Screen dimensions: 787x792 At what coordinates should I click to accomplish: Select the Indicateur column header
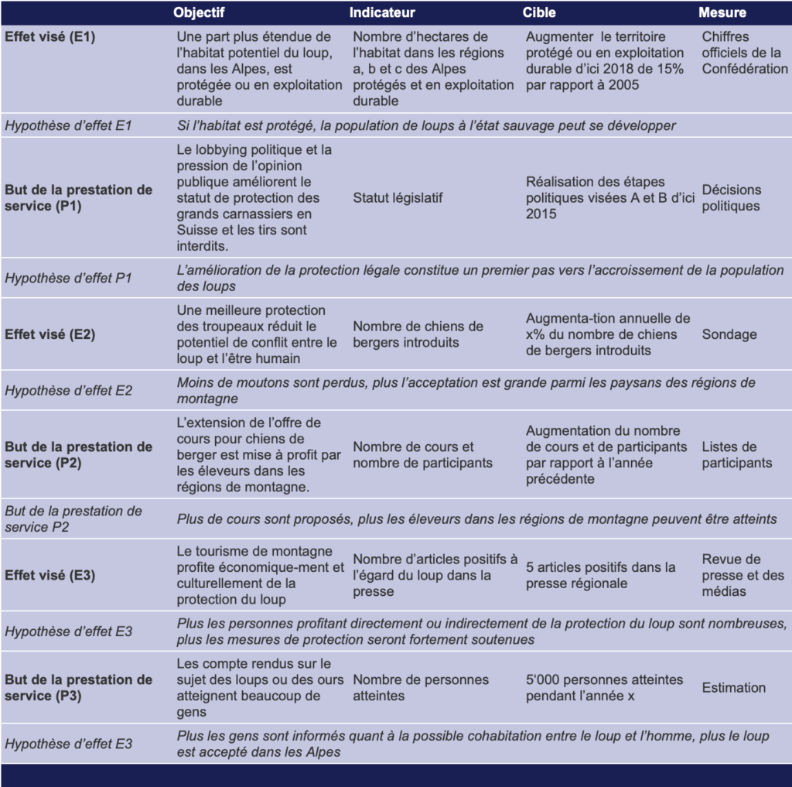(x=382, y=12)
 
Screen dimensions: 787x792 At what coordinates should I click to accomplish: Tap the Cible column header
(x=539, y=12)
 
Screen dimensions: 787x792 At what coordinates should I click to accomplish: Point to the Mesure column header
(x=722, y=12)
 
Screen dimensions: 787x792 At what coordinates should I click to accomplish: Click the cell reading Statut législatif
(x=398, y=198)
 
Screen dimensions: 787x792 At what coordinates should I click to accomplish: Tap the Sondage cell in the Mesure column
(x=729, y=334)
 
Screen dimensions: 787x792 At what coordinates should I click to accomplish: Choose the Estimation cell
(x=733, y=687)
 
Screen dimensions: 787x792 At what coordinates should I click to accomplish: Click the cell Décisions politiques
(x=732, y=198)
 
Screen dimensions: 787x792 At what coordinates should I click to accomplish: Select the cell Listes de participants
(x=736, y=455)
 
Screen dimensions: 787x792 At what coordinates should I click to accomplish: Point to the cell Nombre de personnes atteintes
(x=421, y=687)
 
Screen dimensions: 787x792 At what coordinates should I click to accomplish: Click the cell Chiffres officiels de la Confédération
(x=744, y=53)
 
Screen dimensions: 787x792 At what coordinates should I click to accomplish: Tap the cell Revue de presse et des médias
(x=742, y=576)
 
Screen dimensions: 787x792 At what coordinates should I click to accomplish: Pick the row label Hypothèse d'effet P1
(x=68, y=278)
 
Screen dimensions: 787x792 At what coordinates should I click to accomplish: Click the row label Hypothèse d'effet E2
(x=68, y=391)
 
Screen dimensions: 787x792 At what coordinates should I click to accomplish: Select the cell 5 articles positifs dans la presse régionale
(x=600, y=576)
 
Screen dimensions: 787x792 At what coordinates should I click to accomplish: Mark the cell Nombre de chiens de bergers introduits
(x=418, y=334)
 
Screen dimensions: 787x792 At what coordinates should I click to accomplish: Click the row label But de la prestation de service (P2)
(x=78, y=455)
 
